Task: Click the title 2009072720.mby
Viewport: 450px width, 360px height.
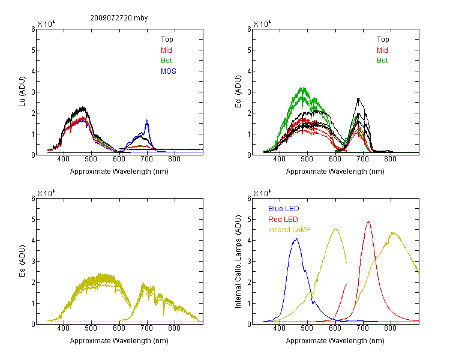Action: click(119, 18)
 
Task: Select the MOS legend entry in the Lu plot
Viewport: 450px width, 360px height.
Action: click(169, 71)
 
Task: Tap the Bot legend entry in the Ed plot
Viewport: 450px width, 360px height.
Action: click(382, 61)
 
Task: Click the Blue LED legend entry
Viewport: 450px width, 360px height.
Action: click(284, 209)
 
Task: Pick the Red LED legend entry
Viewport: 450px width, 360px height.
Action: click(283, 220)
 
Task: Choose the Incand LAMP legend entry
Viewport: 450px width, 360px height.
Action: click(289, 230)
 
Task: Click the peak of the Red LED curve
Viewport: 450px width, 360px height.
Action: click(368, 222)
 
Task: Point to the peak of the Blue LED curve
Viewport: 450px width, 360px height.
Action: click(296, 239)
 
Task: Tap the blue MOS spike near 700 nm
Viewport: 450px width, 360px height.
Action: click(147, 120)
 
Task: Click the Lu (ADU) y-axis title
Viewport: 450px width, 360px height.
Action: click(22, 92)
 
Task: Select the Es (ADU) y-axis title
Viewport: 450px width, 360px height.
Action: click(22, 261)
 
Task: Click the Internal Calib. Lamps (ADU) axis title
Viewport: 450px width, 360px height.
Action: click(238, 262)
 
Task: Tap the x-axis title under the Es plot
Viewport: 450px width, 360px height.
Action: click(119, 341)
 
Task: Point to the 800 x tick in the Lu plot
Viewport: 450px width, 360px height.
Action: click(174, 159)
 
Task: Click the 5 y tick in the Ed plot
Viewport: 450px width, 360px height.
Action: click(249, 50)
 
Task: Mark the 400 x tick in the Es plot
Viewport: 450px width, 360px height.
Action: click(64, 328)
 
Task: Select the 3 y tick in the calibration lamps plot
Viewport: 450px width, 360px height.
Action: click(249, 262)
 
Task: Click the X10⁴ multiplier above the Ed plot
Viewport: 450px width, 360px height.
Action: click(262, 23)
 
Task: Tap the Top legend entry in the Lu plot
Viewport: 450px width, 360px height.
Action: click(167, 40)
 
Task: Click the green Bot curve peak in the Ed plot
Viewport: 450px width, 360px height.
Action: click(302, 88)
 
